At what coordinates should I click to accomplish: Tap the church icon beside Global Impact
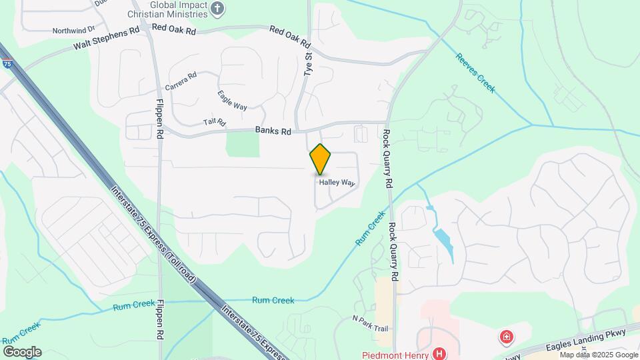click(x=217, y=8)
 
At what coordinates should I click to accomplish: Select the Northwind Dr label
click(x=74, y=30)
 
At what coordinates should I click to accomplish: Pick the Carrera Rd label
click(x=181, y=81)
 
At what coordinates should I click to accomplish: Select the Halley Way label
click(x=337, y=182)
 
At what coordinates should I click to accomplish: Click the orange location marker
click(x=321, y=159)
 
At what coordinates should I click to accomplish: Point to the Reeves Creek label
click(x=475, y=73)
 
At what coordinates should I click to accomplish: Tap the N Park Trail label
click(x=370, y=328)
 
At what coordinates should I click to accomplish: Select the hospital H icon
click(x=439, y=353)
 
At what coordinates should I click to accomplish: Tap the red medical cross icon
click(x=507, y=337)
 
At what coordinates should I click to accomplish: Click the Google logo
click(x=22, y=351)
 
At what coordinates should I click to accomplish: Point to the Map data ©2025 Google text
click(x=599, y=355)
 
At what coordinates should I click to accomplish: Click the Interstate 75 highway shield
click(x=7, y=64)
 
